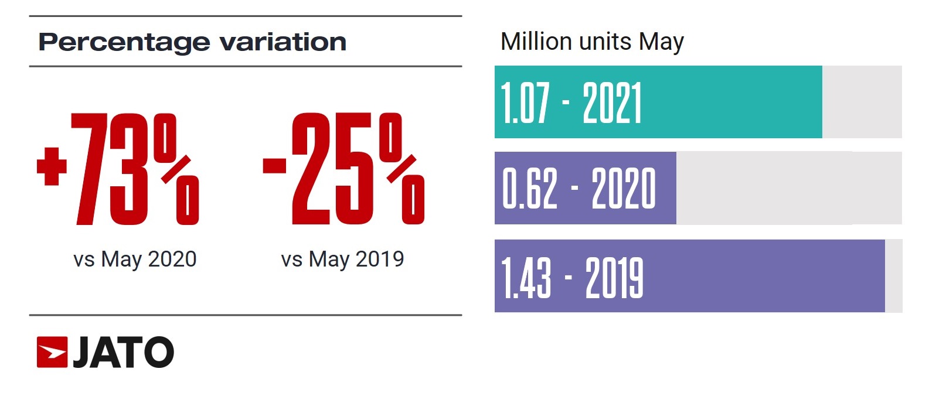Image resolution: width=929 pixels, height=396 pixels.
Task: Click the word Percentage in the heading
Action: pos(124,43)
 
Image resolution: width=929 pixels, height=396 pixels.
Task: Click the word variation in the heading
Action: pos(283,42)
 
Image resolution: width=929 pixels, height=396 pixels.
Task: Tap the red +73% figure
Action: pos(117,169)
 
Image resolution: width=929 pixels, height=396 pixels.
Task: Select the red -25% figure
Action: pos(343,169)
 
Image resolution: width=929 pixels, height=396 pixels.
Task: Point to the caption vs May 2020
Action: pos(135,259)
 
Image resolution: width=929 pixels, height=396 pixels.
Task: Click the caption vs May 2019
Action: pos(342,259)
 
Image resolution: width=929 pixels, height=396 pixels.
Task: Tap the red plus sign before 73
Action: pos(52,166)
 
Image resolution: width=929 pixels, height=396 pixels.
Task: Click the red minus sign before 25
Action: pos(274,166)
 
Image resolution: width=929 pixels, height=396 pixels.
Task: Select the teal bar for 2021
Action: pos(733,102)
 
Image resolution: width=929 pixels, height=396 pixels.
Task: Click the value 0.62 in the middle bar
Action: pos(530,189)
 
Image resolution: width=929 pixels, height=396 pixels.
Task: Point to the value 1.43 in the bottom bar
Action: pos(526,277)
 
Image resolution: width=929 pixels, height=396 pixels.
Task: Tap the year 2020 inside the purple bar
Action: pos(624,189)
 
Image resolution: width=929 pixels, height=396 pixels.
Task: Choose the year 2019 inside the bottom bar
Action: pos(614,277)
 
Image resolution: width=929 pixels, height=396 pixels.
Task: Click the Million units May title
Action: pos(592,42)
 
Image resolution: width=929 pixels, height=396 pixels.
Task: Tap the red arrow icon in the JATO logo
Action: pos(52,352)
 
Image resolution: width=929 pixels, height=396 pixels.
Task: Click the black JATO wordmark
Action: pos(123,352)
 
